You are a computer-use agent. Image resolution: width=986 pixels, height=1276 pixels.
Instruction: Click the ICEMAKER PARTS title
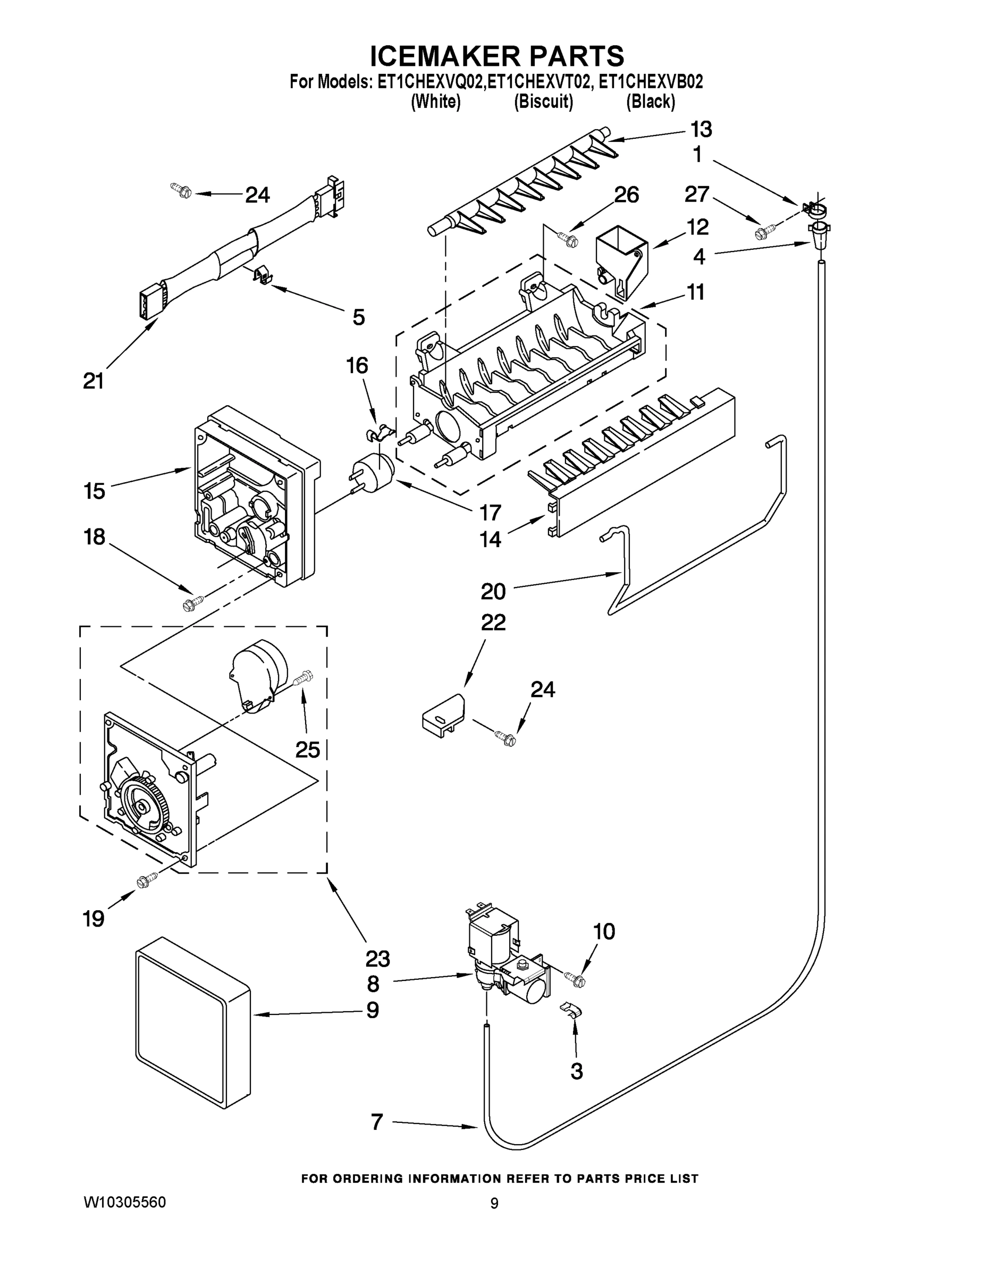pyautogui.click(x=497, y=56)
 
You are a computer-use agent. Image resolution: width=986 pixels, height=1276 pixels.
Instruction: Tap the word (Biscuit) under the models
pyautogui.click(x=543, y=102)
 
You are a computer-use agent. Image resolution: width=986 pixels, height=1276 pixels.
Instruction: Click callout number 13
pyautogui.click(x=701, y=130)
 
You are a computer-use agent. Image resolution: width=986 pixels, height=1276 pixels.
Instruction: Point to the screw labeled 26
pyautogui.click(x=568, y=238)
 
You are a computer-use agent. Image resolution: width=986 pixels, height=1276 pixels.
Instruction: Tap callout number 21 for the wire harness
pyautogui.click(x=94, y=381)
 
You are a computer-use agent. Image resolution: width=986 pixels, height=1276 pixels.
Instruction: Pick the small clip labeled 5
pyautogui.click(x=264, y=274)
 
